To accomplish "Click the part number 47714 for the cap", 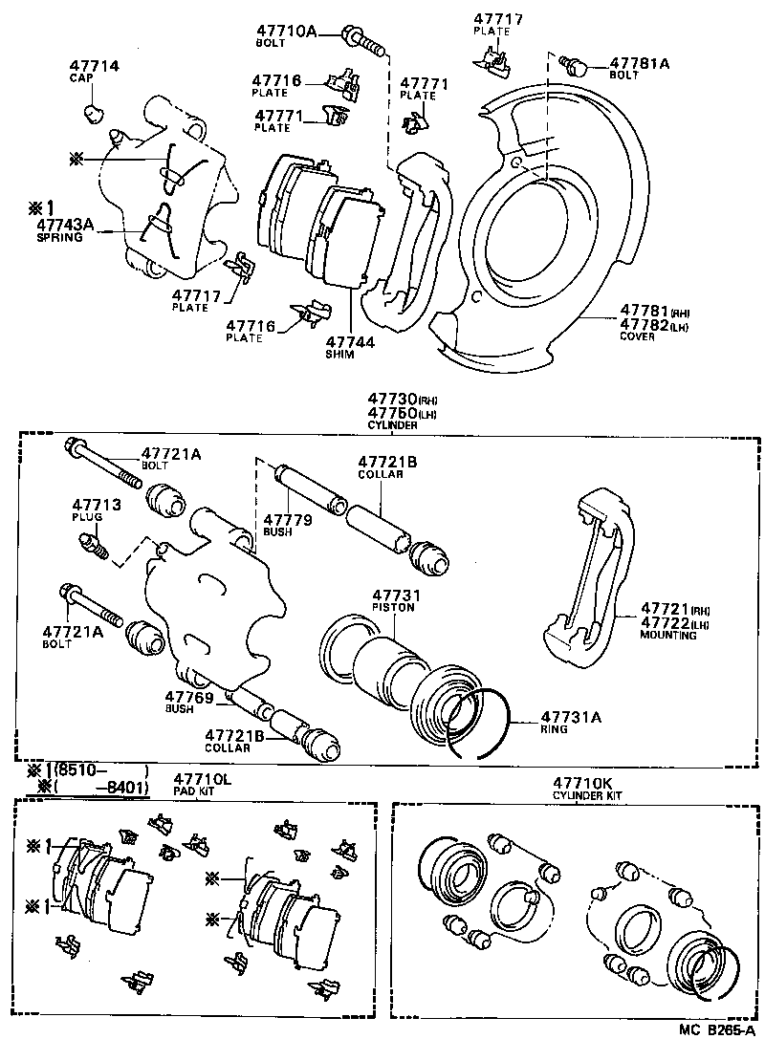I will pyautogui.click(x=94, y=66).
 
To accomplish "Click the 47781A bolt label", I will pyautogui.click(x=640, y=63).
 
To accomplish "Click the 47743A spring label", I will pyautogui.click(x=66, y=225).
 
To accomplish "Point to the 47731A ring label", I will pyautogui.click(x=570, y=716).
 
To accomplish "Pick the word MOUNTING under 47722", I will pyautogui.click(x=668, y=636).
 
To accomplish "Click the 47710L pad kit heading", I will pyautogui.click(x=202, y=780).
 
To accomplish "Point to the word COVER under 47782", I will pyautogui.click(x=637, y=336).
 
